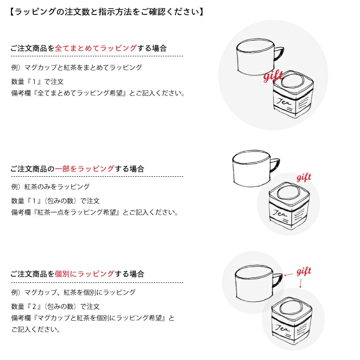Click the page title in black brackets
[107, 12]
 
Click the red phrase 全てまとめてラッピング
[96, 48]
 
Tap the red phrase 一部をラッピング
[85, 169]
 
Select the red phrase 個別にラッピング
[85, 274]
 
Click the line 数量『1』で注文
[37, 82]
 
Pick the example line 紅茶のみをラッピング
[57, 187]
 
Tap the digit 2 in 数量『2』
[34, 307]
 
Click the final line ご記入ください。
[36, 330]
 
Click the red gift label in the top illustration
[273, 77]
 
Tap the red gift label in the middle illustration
[304, 177]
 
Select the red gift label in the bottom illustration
[304, 271]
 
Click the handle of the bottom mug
[278, 280]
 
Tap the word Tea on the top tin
[283, 101]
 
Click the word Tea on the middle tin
[280, 213]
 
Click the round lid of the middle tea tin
[288, 193]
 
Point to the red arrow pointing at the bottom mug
[289, 274]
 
